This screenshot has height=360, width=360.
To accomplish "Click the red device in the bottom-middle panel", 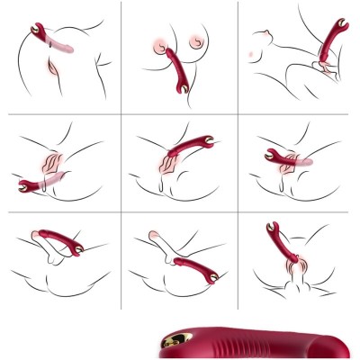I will coord(193,265).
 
